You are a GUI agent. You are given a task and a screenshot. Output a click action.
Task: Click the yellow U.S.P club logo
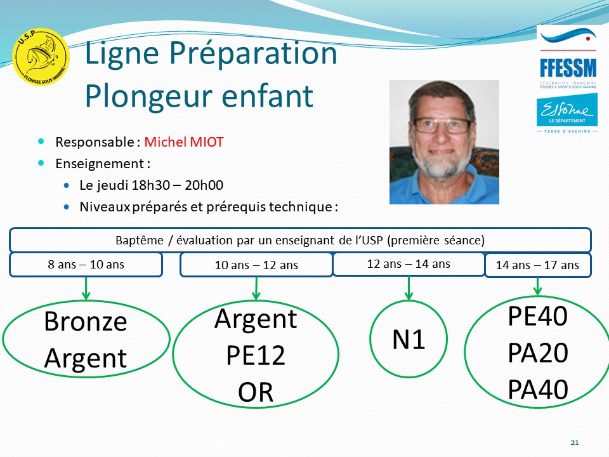click(41, 56)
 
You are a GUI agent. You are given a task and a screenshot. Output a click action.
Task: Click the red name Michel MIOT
click(184, 142)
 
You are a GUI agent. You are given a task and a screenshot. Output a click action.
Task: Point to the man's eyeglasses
click(442, 126)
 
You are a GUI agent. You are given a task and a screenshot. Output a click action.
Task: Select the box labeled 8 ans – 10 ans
click(86, 265)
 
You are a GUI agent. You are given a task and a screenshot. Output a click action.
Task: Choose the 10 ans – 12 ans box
click(256, 265)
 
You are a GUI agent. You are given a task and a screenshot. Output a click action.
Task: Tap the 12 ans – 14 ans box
click(409, 264)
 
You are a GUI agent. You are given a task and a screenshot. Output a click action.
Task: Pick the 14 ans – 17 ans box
click(538, 265)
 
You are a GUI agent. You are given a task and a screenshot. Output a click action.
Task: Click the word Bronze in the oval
click(86, 321)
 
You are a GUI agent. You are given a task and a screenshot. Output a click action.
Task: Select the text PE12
click(256, 355)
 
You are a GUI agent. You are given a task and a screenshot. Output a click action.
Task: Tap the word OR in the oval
click(256, 392)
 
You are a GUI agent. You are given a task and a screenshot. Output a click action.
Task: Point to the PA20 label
click(538, 353)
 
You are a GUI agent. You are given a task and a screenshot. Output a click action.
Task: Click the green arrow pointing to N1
click(409, 288)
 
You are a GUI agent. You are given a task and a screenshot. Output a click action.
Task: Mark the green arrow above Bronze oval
click(86, 288)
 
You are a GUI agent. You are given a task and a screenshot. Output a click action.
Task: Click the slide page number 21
click(575, 442)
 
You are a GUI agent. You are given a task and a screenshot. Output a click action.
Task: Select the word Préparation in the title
click(253, 53)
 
